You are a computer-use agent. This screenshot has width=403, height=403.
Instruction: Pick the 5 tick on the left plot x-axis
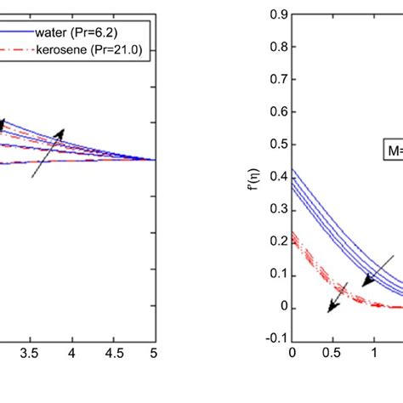coord(154,350)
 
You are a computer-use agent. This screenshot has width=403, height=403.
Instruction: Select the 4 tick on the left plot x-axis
coord(72,350)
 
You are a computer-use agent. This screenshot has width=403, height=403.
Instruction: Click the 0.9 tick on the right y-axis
coord(275,14)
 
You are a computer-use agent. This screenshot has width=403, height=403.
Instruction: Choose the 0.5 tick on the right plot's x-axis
coord(333,350)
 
